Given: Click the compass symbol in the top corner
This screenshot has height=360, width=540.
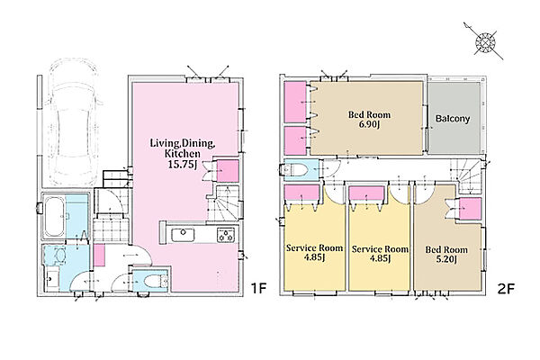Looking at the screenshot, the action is [485, 42].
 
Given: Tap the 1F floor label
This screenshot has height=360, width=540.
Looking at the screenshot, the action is [258, 288].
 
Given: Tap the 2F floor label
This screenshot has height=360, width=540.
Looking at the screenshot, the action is [506, 288].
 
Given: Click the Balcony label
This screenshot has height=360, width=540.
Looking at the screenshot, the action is [453, 119].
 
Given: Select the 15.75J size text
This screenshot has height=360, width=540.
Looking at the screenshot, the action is [182, 165].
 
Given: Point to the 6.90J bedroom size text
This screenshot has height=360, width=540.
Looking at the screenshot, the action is [369, 124].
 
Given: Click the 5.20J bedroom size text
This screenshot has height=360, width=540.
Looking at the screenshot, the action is [446, 259].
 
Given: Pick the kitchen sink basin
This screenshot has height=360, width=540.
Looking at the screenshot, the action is [183, 235].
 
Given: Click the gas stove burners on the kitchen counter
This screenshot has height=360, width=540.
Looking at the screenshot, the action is [226, 235].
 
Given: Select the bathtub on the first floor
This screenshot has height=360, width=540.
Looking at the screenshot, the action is [55, 217].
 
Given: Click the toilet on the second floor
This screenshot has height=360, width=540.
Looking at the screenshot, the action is [294, 169].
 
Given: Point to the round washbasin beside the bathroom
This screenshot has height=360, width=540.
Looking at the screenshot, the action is [60, 256].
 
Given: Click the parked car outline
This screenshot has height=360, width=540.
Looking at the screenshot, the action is [74, 121].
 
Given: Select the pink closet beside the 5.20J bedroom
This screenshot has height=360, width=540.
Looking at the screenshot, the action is [471, 209].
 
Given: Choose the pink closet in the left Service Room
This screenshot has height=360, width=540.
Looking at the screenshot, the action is [302, 193].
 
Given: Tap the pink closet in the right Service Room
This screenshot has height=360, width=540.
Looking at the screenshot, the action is [366, 193].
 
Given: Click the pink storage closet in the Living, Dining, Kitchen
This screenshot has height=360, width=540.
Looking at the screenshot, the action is [228, 171].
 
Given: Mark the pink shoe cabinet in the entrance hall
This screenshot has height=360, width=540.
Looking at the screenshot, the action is [99, 256].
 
